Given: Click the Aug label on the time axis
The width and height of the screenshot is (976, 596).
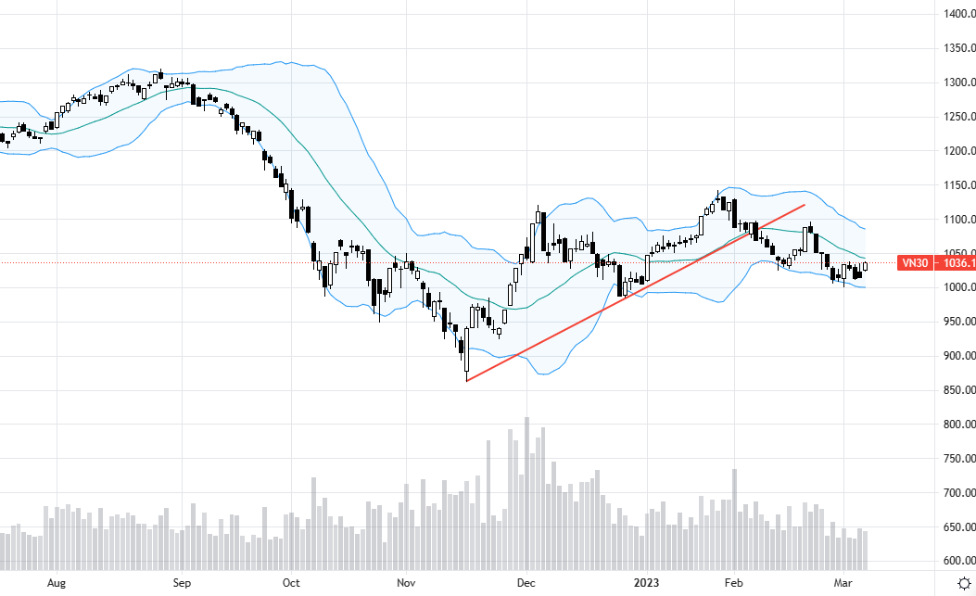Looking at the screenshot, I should click(57, 583).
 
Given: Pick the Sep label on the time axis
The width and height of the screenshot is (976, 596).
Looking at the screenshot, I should click(182, 583).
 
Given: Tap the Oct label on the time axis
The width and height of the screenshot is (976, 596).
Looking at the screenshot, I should click(291, 583).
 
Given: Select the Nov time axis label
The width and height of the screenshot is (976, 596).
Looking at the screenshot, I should click(406, 583).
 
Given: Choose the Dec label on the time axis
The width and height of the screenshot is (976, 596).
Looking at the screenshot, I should click(526, 583).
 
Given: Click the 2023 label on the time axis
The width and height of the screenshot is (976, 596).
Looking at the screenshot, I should click(645, 583).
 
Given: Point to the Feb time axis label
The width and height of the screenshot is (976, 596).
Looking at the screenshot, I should click(734, 583).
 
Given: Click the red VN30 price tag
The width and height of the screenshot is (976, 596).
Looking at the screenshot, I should click(935, 263).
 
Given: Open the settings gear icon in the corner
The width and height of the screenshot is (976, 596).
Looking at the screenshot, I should click(964, 583).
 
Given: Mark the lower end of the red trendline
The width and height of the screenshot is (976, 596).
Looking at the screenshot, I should click(466, 380).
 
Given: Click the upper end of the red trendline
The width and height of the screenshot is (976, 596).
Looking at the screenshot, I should click(804, 204).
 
